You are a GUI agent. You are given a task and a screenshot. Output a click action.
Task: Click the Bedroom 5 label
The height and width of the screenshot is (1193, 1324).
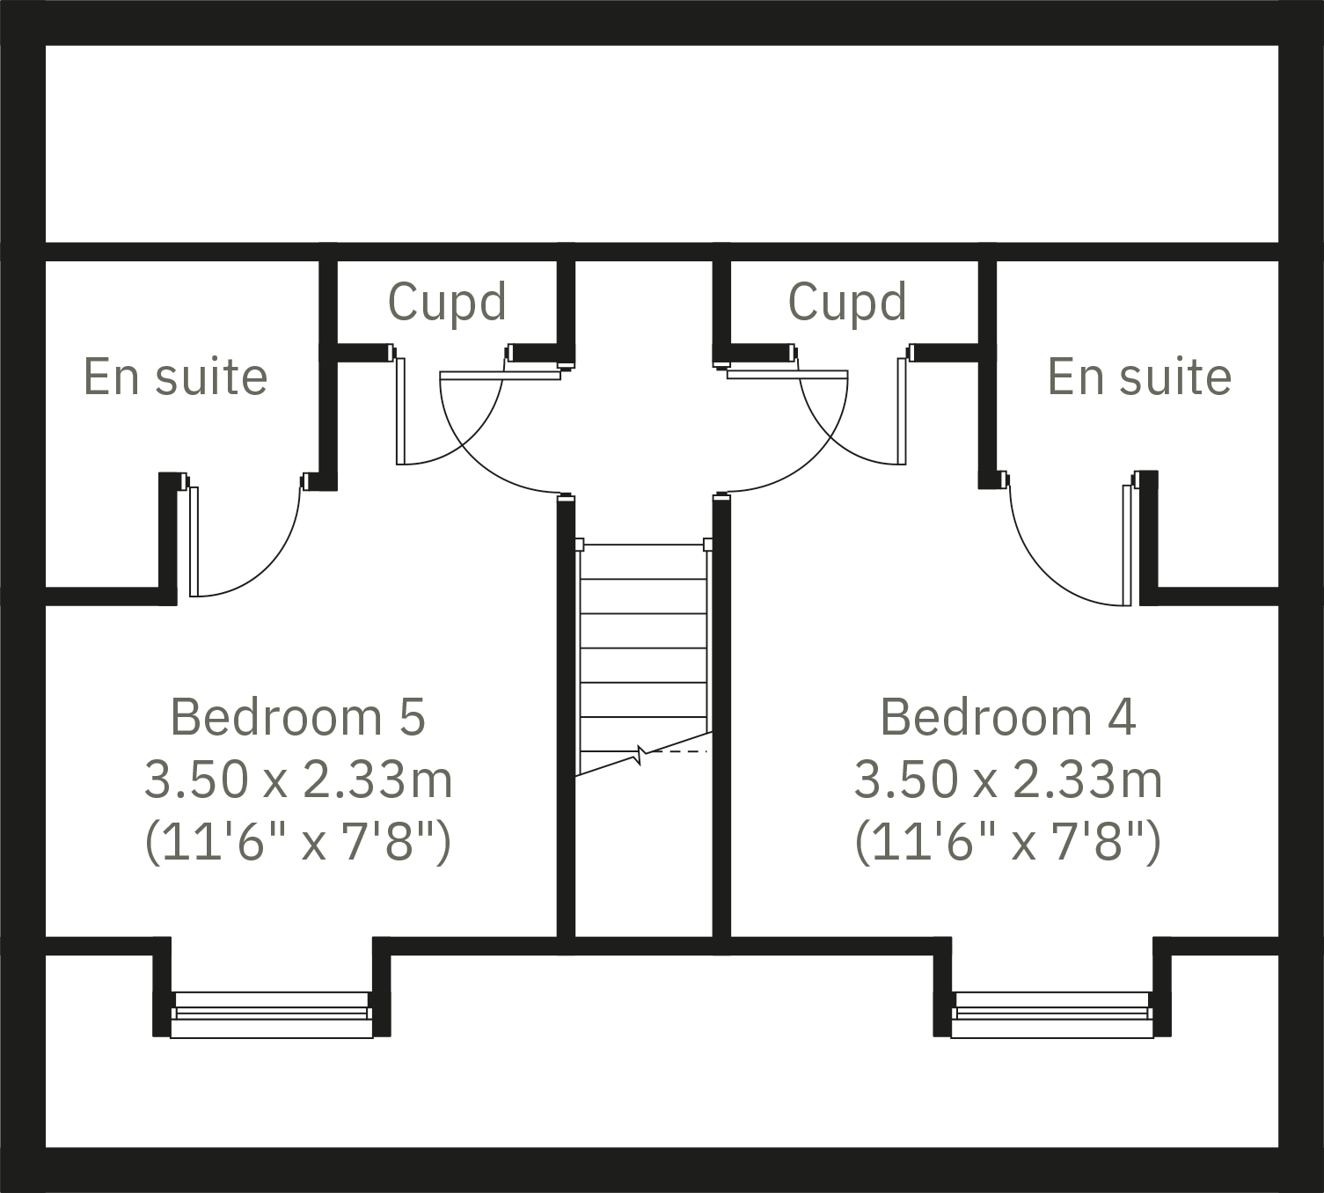297,716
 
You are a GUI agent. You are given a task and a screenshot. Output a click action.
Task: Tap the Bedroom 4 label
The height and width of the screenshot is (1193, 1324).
1007,716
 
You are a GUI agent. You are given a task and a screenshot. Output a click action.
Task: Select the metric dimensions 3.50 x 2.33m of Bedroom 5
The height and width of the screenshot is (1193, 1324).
297,779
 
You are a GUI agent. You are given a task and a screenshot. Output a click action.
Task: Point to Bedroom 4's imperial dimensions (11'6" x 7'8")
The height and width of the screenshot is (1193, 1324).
1007,842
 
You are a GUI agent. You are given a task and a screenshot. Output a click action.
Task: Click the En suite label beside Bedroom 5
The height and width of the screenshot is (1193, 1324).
175,377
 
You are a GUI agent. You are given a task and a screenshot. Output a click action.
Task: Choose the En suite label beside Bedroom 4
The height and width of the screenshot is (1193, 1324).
1139,377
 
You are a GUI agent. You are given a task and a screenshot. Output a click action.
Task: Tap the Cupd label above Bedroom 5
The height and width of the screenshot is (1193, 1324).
447,302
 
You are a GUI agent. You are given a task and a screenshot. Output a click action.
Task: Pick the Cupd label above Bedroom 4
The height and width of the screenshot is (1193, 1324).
847,302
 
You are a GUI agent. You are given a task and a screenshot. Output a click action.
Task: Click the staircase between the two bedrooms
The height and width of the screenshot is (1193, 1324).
643,651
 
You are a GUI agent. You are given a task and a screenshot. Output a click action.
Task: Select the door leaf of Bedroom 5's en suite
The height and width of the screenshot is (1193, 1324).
194,541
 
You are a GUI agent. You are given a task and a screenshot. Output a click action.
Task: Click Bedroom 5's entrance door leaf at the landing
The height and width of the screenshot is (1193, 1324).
500,375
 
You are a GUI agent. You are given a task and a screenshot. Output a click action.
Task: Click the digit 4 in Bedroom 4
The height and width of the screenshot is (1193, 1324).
1122,716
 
